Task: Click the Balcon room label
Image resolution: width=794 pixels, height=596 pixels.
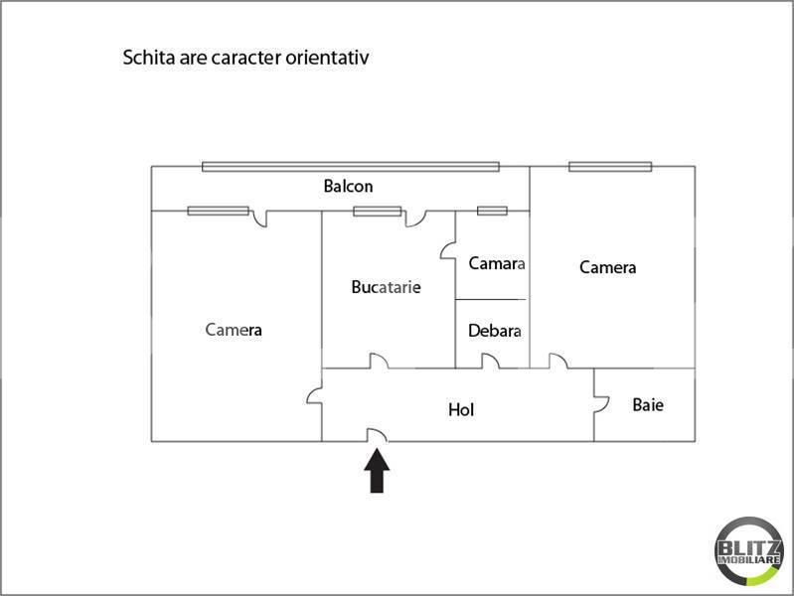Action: pyautogui.click(x=348, y=186)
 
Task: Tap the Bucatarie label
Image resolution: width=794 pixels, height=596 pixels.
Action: pyautogui.click(x=386, y=287)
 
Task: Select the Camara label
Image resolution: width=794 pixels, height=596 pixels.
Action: pyautogui.click(x=496, y=263)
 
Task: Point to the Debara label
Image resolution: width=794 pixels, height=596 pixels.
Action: pyautogui.click(x=495, y=331)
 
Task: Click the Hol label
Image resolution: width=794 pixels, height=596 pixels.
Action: pyautogui.click(x=460, y=408)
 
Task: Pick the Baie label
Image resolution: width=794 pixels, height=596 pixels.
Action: pyautogui.click(x=648, y=404)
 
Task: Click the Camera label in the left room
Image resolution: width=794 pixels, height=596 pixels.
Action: pyautogui.click(x=234, y=330)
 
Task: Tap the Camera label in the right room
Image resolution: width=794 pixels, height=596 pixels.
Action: pyautogui.click(x=607, y=267)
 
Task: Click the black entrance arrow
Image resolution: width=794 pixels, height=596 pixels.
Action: pyautogui.click(x=377, y=471)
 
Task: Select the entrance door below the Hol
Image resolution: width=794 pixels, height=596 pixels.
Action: pyautogui.click(x=377, y=435)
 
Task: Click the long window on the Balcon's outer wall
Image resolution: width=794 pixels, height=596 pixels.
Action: pyautogui.click(x=365, y=166)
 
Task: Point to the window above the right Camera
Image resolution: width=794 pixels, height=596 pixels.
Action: pyautogui.click(x=609, y=166)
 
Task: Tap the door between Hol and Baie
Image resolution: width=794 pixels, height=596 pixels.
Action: pyautogui.click(x=600, y=403)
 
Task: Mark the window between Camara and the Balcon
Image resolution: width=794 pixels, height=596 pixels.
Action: pyautogui.click(x=492, y=210)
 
